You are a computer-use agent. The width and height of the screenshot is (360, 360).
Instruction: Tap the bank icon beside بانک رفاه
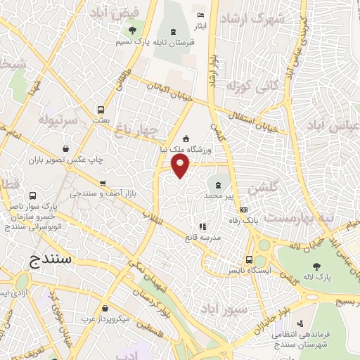[x=243, y=210]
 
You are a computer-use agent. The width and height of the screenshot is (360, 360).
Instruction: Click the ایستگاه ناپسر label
[x=240, y=269]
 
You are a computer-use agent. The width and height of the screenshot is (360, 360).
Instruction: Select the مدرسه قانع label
[x=201, y=238]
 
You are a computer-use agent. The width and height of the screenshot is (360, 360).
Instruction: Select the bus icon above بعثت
[x=101, y=110]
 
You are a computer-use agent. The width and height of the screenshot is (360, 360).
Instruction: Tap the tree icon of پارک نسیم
[x=132, y=30]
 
